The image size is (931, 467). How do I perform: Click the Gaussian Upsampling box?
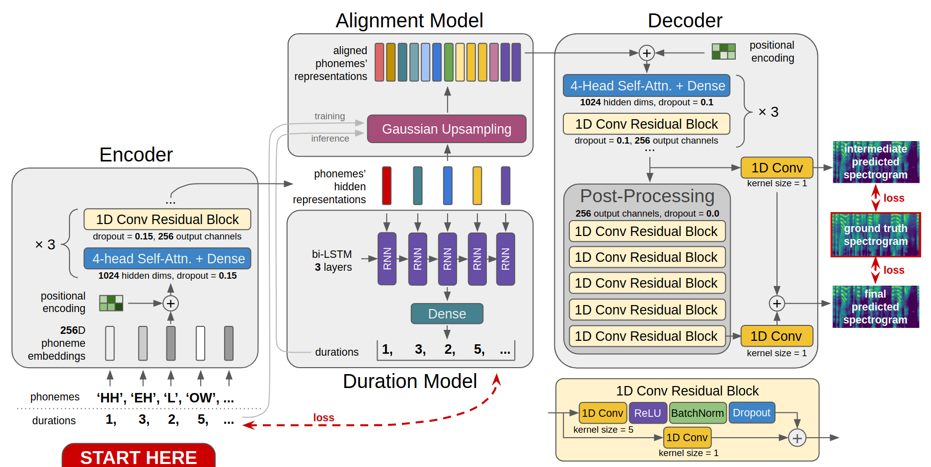(x=446, y=129)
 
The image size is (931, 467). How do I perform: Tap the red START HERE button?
(x=139, y=456)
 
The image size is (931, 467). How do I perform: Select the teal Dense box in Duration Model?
(x=447, y=314)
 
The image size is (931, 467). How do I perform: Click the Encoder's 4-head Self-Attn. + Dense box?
(x=167, y=259)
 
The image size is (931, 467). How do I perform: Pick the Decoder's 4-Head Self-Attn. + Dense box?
(x=646, y=86)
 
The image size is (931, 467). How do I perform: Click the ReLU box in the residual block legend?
(x=647, y=413)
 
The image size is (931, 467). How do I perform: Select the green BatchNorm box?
(x=697, y=413)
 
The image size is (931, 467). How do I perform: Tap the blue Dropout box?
(x=751, y=413)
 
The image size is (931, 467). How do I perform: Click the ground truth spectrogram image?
(x=875, y=235)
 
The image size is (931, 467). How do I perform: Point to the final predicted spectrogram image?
(x=875, y=307)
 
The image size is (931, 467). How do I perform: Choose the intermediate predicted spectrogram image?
(x=875, y=162)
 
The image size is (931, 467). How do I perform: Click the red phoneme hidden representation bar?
(x=387, y=186)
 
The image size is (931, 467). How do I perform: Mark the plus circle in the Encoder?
(x=170, y=304)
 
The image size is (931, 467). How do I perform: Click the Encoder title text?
(x=136, y=155)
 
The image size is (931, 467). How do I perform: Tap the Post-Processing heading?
(x=647, y=196)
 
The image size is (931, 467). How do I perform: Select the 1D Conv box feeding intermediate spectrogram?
(x=776, y=168)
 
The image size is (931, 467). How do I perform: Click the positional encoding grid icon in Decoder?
(x=723, y=52)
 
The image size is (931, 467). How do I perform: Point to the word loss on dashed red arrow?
(x=323, y=418)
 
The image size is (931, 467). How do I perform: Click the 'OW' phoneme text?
(x=202, y=398)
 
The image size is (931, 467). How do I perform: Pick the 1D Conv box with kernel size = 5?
(x=603, y=413)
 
